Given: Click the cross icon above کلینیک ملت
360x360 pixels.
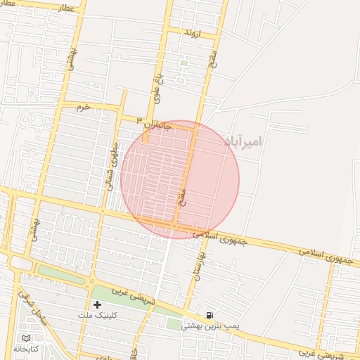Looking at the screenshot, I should pyautogui.click(x=97, y=304).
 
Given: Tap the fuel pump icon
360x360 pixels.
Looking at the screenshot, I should pyautogui.click(x=210, y=314).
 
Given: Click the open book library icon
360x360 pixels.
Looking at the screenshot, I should pyautogui.click(x=26, y=337).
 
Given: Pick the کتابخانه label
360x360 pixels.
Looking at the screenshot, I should pyautogui.click(x=26, y=348).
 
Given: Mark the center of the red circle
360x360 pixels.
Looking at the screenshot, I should pyautogui.click(x=180, y=179).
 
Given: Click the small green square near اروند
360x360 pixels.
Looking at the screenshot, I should pyautogui.click(x=184, y=63).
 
